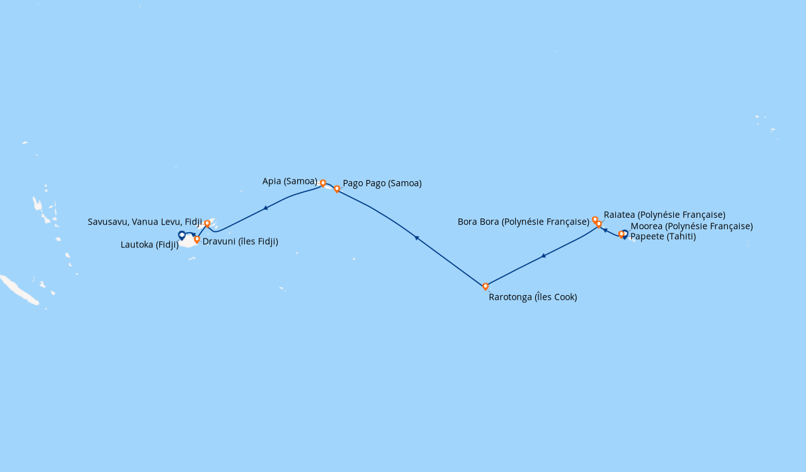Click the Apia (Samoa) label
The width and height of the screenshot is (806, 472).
pos(290,181)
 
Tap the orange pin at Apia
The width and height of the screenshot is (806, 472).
pos(323,183)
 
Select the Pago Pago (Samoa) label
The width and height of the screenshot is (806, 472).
pos(382,183)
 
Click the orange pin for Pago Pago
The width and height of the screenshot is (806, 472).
pos(337,189)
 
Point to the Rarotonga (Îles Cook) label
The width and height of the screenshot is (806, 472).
pos(533,297)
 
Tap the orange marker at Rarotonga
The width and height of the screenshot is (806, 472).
pos(485,286)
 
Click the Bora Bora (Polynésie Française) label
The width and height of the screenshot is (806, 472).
pos(523,222)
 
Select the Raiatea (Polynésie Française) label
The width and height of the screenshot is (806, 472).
pos(664,215)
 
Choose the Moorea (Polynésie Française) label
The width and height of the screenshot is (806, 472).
pos(691,226)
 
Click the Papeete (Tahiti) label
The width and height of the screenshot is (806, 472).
pos(663,237)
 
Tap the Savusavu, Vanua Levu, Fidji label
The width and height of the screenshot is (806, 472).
pos(145,222)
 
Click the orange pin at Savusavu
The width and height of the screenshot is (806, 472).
pos(207,223)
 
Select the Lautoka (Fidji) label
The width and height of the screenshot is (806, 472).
pos(150,245)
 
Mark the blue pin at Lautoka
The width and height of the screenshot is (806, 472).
pos(182,235)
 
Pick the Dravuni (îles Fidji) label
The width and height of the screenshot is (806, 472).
pos(240,241)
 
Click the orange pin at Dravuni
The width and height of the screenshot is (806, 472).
pos(197,239)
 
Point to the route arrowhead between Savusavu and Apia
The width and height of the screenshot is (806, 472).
pos(266,208)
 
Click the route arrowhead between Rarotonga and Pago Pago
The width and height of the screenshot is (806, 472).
pos(416,237)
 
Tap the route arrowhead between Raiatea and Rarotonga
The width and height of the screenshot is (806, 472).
pos(543,256)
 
